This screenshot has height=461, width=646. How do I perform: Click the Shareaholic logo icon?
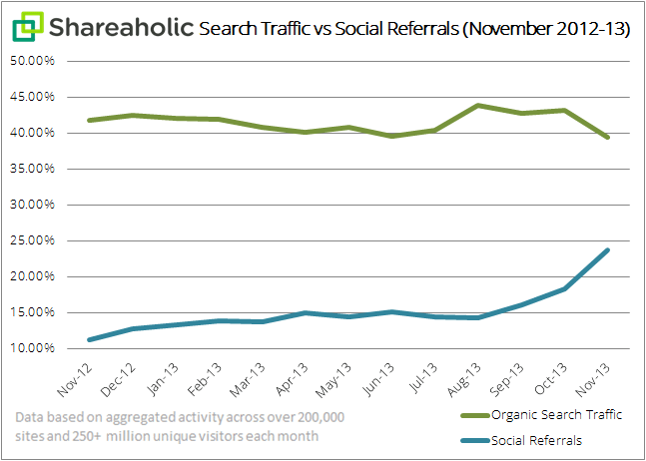(x=28, y=27)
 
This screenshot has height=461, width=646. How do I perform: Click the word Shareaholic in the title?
(x=118, y=27)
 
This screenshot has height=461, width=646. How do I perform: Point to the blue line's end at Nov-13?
(x=608, y=250)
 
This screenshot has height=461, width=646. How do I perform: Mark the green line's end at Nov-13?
(x=608, y=137)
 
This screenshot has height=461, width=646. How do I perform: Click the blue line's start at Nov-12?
(x=90, y=339)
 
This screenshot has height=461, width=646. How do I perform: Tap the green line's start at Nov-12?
(x=90, y=120)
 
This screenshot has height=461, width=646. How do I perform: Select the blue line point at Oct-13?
(x=565, y=288)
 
